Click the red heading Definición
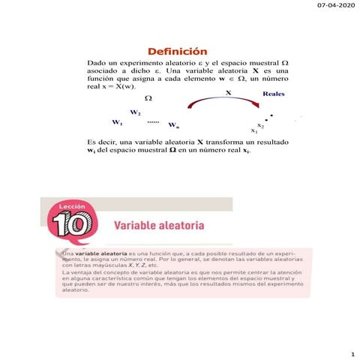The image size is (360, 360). coord(177,49)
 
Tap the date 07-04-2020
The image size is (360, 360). coord(336,6)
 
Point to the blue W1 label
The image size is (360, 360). coord(117,122)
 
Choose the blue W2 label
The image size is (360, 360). coord(135,112)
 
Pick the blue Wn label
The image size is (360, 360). coord(173,124)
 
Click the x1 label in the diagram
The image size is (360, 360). coord(253,130)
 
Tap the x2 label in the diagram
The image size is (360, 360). coord(260,124)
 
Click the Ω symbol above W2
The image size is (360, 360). coord(148,98)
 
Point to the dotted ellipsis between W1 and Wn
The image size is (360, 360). coord(153,121)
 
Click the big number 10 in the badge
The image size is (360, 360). coord(70,225)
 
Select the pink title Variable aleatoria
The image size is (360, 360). coord(158,225)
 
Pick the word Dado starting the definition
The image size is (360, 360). coord(97,63)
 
